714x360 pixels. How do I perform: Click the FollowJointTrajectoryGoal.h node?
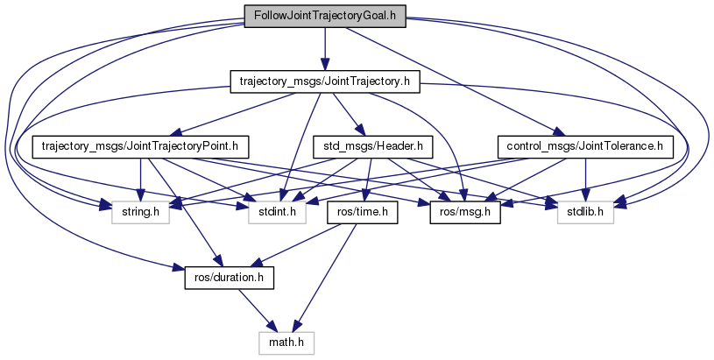(x=324, y=16)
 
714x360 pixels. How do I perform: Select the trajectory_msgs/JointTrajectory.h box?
(x=324, y=81)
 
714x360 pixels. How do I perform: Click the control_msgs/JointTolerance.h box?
(x=584, y=146)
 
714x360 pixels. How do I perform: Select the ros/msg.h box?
(x=464, y=211)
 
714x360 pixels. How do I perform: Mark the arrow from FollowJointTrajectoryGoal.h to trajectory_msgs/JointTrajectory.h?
(x=324, y=48)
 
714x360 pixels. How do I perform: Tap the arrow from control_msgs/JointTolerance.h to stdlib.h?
(x=584, y=179)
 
